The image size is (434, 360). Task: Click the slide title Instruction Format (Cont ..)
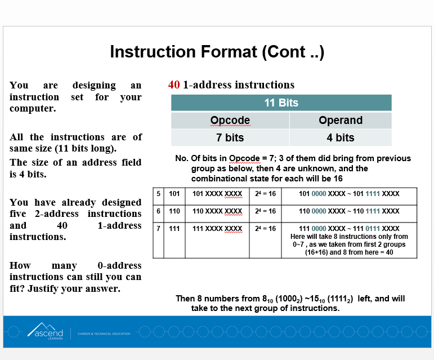tap(217, 52)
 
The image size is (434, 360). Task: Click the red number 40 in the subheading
tap(174, 85)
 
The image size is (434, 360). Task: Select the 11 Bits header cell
tap(281, 103)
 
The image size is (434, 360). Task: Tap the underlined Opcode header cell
tap(230, 121)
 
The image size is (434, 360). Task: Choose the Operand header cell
tap(340, 121)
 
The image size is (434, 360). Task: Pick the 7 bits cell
tap(230, 137)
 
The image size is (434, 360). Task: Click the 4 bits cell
tap(340, 137)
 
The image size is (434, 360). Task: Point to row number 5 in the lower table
tap(159, 194)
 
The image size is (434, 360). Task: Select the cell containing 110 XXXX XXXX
tap(217, 211)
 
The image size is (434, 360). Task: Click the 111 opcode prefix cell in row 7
tap(175, 229)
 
